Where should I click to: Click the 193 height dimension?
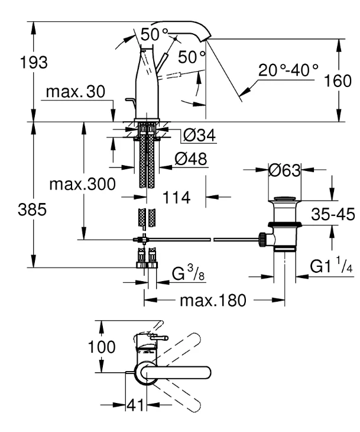(34, 63)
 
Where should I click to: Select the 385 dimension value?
(32, 209)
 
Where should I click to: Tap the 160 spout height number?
(338, 80)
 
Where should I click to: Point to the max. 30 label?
(76, 92)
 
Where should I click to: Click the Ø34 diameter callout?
(200, 135)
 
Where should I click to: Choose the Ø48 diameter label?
(191, 159)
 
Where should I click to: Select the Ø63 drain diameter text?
(284, 170)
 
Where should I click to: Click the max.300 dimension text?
(83, 184)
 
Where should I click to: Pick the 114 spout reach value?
(176, 198)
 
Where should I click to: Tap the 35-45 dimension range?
(333, 214)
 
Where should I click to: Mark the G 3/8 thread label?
(188, 273)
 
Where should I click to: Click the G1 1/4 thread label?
(332, 265)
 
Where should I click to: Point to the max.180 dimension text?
(213, 300)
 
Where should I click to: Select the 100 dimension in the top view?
(102, 347)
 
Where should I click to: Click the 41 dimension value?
(135, 405)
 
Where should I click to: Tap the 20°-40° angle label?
(288, 70)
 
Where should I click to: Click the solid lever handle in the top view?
(176, 373)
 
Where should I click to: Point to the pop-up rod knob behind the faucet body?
(129, 100)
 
